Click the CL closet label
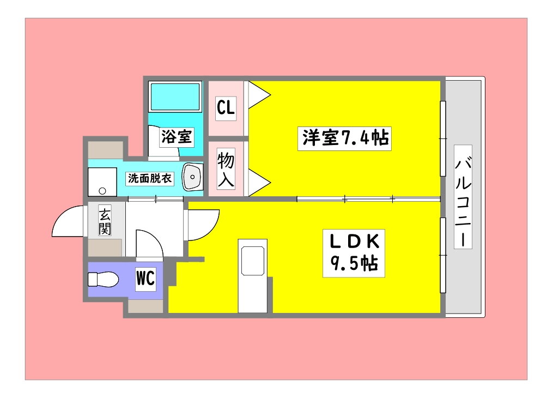pyautogui.click(x=226, y=108)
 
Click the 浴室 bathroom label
pyautogui.click(x=176, y=137)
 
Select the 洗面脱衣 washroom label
pyautogui.click(x=150, y=178)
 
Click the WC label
pyautogui.click(x=145, y=279)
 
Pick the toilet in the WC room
pyautogui.click(x=104, y=279)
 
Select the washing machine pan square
pyautogui.click(x=102, y=182)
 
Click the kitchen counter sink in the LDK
pyautogui.click(x=253, y=261)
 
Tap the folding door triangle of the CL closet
pyautogui.click(x=259, y=95)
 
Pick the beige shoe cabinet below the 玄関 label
pyautogui.click(x=106, y=248)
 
